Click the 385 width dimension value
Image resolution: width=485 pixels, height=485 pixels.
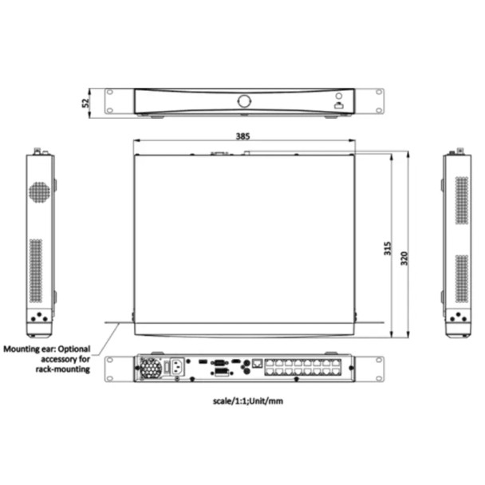(x=242, y=136)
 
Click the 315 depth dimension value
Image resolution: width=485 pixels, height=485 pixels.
(x=387, y=247)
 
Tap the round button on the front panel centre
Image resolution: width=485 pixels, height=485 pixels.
(x=244, y=101)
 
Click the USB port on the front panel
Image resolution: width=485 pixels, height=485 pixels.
(x=338, y=104)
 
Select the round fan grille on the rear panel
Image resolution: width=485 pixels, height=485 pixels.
(x=149, y=368)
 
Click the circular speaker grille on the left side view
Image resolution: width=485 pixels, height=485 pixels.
(x=39, y=191)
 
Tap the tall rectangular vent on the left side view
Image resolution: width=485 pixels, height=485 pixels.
(x=35, y=270)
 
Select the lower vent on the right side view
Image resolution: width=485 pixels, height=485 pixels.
(x=462, y=278)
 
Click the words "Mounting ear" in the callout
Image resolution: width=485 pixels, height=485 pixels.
(x=27, y=349)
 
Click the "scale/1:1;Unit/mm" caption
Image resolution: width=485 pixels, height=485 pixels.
(x=247, y=401)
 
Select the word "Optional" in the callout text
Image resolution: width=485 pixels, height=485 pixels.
(x=73, y=349)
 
